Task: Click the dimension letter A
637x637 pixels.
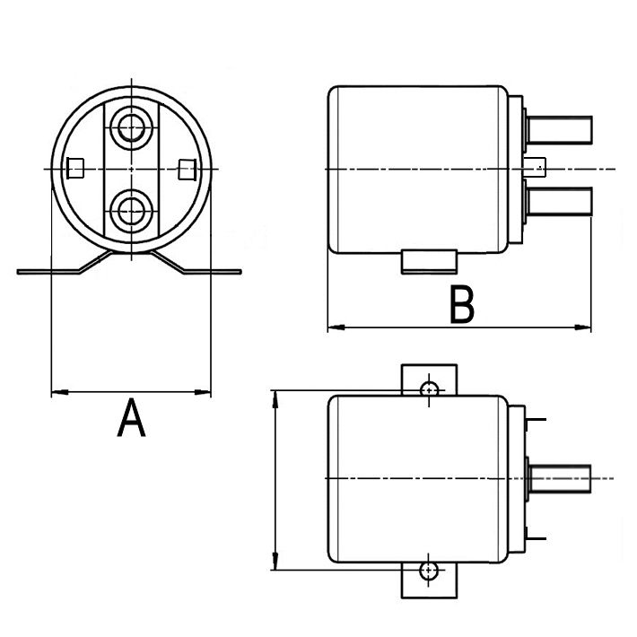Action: pos(131,419)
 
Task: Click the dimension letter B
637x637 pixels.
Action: pos(461,305)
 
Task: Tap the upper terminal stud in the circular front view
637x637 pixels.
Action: pos(132,125)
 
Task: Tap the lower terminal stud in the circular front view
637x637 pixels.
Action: pos(132,212)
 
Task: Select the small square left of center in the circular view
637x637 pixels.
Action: pos(76,168)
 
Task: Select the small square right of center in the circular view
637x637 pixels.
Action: pos(187,168)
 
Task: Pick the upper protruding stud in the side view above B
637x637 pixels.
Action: pos(560,130)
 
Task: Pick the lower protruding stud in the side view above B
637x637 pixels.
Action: pos(560,200)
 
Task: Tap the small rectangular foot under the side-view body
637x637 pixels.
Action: pos(429,261)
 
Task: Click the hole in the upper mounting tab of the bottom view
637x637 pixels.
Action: pos(430,389)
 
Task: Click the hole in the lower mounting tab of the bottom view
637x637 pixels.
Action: pos(430,570)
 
